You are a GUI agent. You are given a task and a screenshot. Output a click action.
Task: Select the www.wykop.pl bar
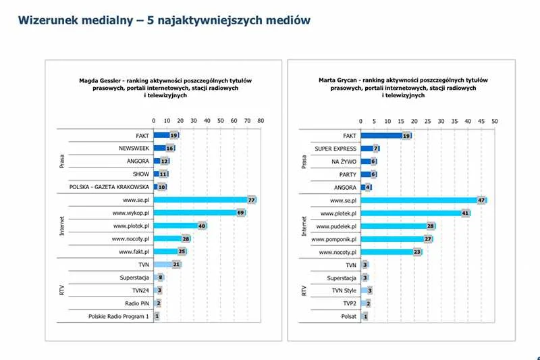click(x=200, y=213)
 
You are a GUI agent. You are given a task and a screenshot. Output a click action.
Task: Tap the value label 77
click(x=251, y=200)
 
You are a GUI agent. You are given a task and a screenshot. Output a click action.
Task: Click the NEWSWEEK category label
click(x=134, y=148)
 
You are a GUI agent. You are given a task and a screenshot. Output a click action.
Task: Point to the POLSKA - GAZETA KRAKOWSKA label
click(x=109, y=186)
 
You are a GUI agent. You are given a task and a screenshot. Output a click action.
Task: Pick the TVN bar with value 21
click(x=167, y=264)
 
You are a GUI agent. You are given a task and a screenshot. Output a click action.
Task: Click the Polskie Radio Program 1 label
click(x=119, y=316)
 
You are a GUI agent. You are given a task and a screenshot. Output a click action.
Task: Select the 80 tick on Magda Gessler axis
click(x=261, y=121)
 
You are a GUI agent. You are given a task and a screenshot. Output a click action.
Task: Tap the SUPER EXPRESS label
click(x=335, y=149)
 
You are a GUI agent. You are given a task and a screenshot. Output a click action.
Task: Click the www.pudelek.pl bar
click(x=398, y=226)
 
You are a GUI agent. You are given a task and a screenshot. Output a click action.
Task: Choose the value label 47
click(x=481, y=201)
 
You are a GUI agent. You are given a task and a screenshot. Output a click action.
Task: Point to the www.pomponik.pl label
click(x=333, y=239)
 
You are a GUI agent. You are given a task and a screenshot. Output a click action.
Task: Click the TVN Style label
click(x=344, y=290)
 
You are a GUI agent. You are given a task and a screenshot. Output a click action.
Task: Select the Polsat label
click(x=349, y=316)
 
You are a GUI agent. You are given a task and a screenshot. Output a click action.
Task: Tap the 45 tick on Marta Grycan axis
click(x=481, y=122)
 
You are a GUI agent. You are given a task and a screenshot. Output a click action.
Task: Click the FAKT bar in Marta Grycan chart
click(x=386, y=136)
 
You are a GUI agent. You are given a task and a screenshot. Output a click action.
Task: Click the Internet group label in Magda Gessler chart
click(x=62, y=226)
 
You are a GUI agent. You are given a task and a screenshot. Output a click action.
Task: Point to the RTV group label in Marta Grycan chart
click(x=304, y=290)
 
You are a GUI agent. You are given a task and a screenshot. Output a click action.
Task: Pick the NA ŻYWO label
click(x=344, y=161)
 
